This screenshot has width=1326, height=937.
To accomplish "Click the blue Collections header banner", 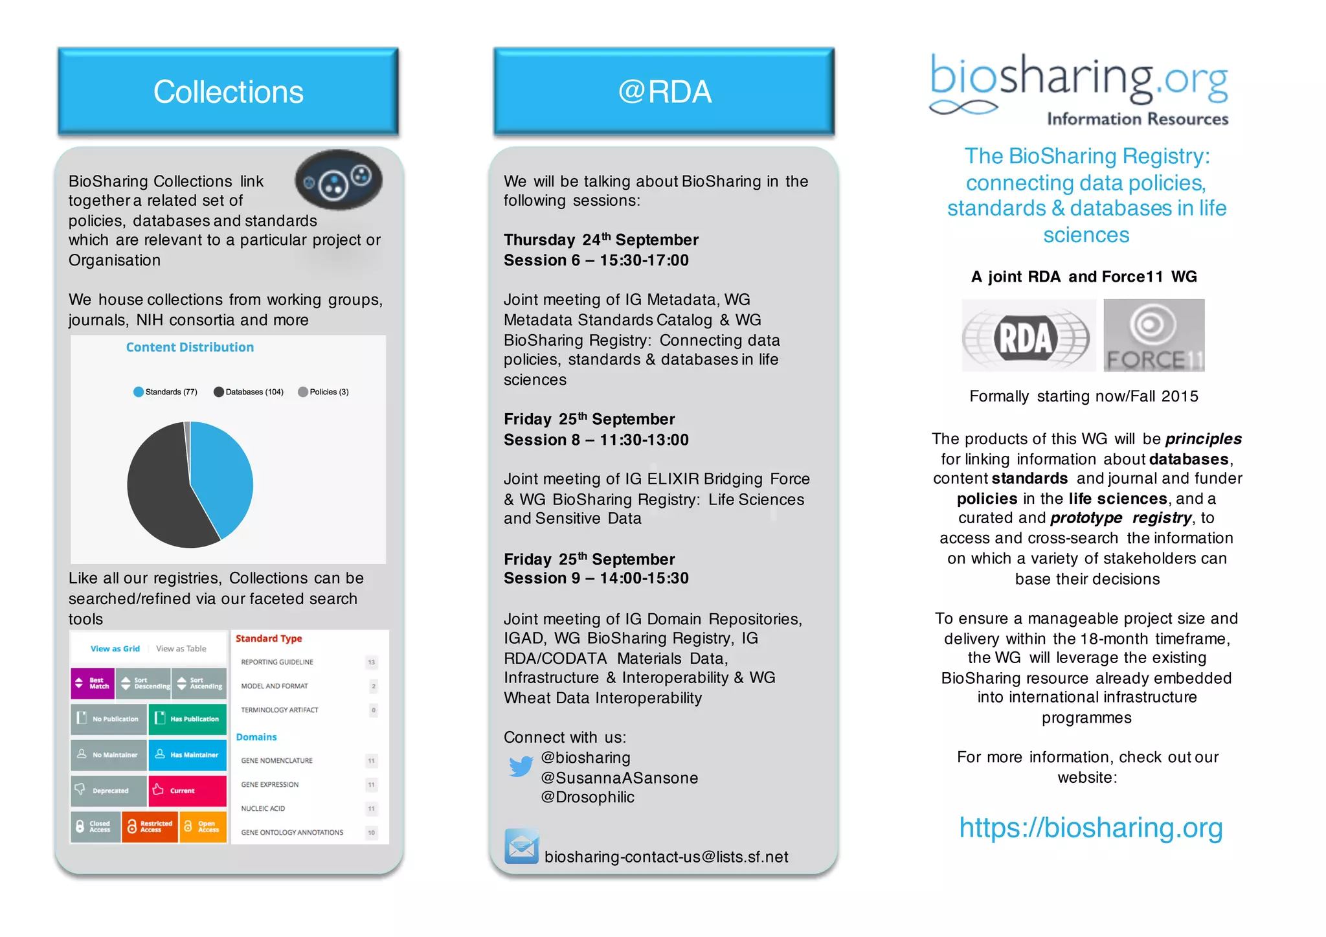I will (x=228, y=91).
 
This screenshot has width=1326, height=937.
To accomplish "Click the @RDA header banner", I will (x=664, y=91).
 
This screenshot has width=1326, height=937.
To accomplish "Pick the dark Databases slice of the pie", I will (x=159, y=492).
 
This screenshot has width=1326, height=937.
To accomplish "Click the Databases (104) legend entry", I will (x=249, y=392).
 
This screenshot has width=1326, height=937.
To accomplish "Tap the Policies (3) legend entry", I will (x=323, y=392).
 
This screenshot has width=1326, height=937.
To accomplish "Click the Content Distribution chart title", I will (x=190, y=347).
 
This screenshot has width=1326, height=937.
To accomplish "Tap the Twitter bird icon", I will (x=521, y=767).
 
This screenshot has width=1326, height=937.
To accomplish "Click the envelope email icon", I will (x=521, y=846).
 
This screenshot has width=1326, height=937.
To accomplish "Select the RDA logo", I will (x=1028, y=336).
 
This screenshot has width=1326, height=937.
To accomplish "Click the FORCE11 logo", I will (x=1154, y=335).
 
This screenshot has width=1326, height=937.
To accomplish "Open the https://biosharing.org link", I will (x=1090, y=828).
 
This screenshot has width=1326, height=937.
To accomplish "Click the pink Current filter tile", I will (x=187, y=791).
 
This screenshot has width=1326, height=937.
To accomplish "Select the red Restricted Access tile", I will (x=150, y=827).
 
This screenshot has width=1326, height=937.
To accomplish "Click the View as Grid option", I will (x=115, y=649).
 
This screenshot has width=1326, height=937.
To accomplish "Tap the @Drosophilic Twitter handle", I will (x=587, y=797).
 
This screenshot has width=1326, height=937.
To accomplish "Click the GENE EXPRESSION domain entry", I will (x=270, y=785).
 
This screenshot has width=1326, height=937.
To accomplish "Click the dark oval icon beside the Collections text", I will (x=339, y=180).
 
